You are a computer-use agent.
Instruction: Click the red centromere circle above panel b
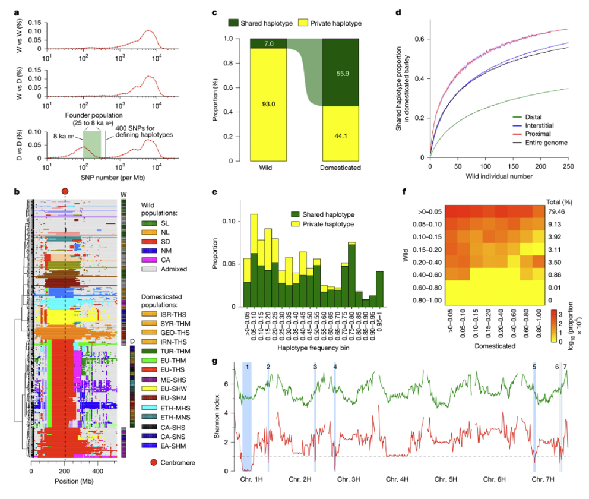(65, 190)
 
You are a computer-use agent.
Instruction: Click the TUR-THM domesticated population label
(175, 352)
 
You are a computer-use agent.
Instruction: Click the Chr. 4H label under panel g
(397, 479)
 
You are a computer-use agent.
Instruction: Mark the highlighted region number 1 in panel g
(246, 367)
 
